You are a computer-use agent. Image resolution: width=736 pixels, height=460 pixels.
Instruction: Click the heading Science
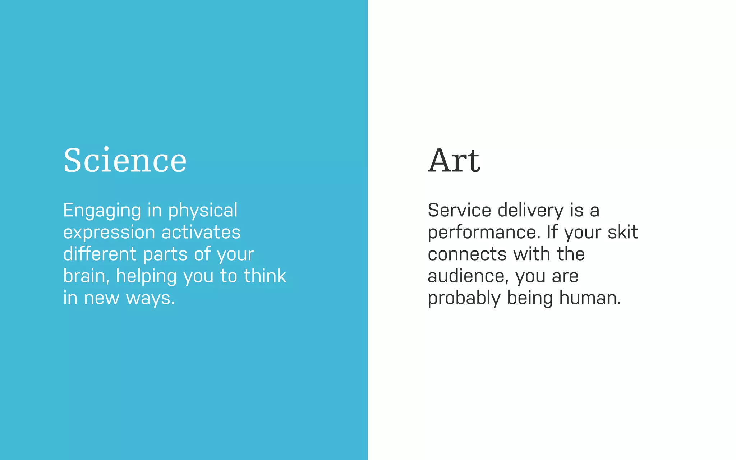[125, 160]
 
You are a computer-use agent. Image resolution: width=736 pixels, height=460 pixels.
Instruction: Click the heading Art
[454, 160]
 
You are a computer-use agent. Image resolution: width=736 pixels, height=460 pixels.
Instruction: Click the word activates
[201, 232]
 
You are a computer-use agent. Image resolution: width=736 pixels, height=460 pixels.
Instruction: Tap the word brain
[84, 276]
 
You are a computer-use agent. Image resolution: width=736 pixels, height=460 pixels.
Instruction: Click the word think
[265, 276]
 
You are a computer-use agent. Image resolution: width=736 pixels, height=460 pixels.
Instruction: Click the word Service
[459, 210]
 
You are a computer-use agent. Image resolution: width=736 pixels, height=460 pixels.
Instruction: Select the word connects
[467, 254]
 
